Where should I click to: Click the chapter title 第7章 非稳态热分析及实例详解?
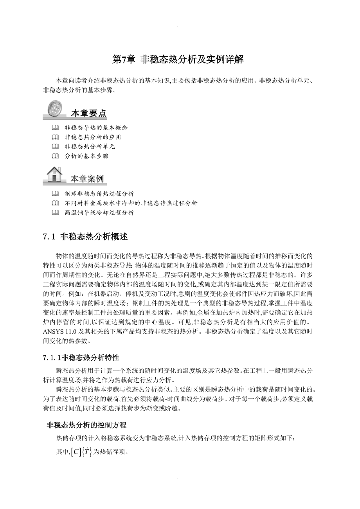tap(178, 59)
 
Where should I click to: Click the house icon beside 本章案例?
tap(54, 174)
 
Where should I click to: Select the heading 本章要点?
tap(88, 113)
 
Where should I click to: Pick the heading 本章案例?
tap(87, 179)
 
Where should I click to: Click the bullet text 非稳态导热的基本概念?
tap(96, 128)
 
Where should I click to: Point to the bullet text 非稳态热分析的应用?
tap(93, 137)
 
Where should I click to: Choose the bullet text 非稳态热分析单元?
tap(90, 146)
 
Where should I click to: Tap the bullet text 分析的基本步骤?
tap(86, 156)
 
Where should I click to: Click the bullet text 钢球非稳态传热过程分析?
tap(99, 194)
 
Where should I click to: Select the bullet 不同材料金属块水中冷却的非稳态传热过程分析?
tap(131, 203)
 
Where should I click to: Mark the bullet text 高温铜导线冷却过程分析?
tap(99, 212)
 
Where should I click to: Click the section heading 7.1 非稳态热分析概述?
tap(85, 237)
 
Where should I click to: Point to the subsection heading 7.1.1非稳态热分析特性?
tap(81, 358)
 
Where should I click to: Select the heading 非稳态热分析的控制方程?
tap(86, 425)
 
